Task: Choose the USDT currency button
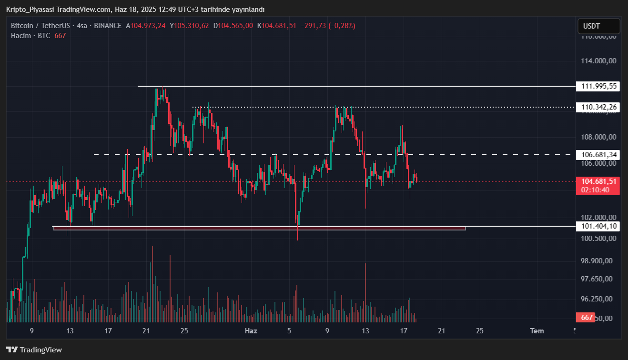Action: (592, 26)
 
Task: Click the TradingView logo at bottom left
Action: (34, 350)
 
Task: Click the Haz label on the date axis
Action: (251, 331)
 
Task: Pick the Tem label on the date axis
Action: (537, 331)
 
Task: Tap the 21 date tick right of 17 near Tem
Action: (442, 331)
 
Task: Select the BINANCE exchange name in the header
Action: (108, 26)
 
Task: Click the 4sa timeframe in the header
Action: (82, 26)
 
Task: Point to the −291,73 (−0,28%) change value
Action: (328, 26)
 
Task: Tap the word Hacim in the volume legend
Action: (20, 36)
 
